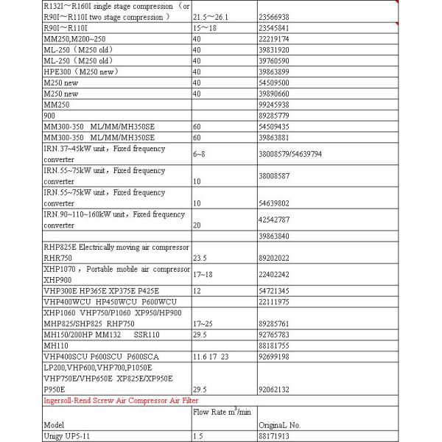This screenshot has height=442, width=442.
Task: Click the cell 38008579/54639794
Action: tap(290, 154)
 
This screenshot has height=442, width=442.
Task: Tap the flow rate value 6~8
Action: tap(201, 154)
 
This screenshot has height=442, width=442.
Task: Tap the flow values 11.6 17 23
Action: tap(210, 357)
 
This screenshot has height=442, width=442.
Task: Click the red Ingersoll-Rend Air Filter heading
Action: tap(120, 400)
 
